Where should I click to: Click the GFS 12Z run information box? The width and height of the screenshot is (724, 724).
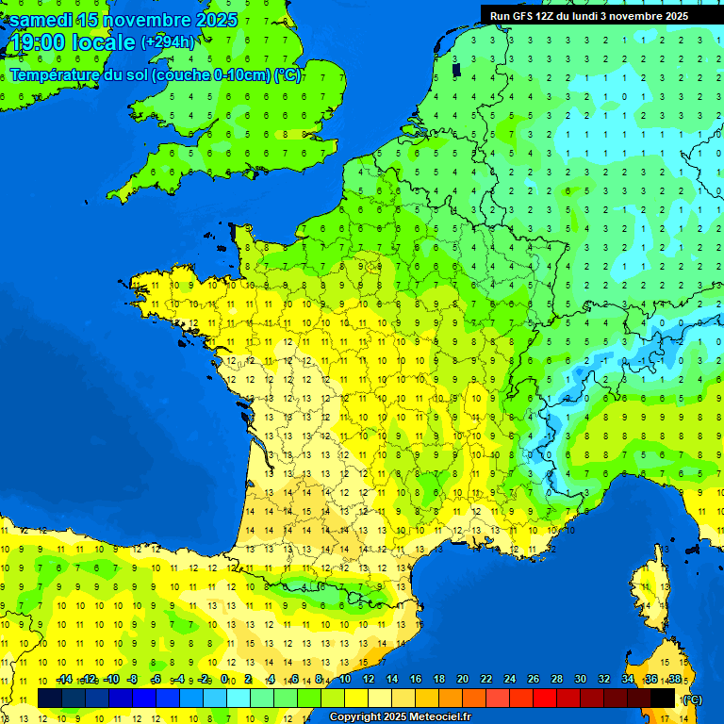588,15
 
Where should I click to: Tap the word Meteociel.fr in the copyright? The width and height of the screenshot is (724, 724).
439,717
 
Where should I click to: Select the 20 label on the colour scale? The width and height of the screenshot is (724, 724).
463,679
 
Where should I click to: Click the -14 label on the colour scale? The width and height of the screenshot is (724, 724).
64,679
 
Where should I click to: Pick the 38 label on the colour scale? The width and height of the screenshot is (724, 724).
675,679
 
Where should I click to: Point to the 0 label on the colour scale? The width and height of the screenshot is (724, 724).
224,679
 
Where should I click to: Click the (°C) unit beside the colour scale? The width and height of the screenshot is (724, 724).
692,699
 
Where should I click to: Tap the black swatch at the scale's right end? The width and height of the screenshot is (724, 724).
664,698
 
